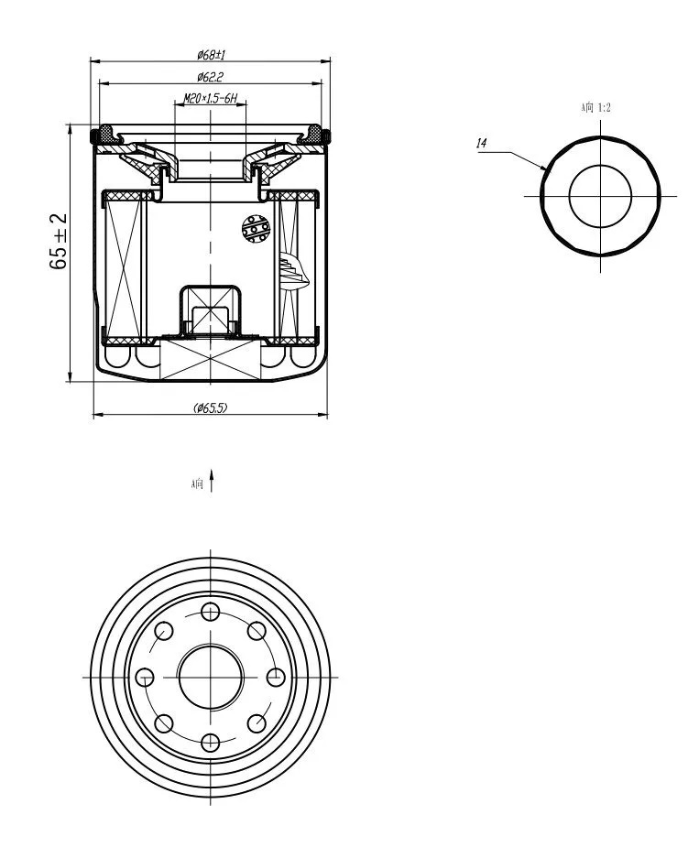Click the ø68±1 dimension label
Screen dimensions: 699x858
(x=212, y=54)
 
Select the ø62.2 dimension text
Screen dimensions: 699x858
(x=210, y=77)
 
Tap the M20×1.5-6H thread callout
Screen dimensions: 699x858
(x=210, y=99)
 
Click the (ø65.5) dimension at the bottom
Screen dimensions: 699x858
(x=210, y=407)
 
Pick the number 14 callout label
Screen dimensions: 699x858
(x=481, y=144)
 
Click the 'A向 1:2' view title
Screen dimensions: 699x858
(x=595, y=107)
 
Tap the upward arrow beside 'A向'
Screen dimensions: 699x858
(x=212, y=480)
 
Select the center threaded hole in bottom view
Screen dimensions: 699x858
(x=210, y=677)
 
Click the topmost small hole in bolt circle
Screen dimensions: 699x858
(x=210, y=612)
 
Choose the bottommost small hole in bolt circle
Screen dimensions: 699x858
(x=210, y=743)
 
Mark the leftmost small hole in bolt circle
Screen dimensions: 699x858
(x=145, y=678)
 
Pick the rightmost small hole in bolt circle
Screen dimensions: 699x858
(x=276, y=678)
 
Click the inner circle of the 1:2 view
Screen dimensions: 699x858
(x=600, y=165)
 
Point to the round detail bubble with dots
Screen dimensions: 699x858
(x=256, y=229)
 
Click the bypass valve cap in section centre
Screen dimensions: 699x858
(x=210, y=310)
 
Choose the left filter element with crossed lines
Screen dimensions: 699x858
(x=125, y=267)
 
